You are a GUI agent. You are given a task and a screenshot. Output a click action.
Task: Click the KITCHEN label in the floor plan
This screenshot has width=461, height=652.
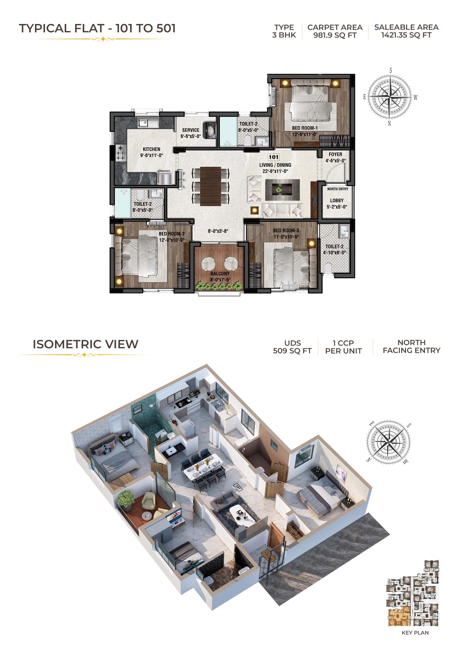(x=151, y=149)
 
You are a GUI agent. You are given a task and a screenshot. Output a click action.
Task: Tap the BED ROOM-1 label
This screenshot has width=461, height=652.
(x=305, y=128)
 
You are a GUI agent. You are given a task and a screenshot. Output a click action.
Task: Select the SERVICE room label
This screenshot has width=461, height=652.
(x=191, y=130)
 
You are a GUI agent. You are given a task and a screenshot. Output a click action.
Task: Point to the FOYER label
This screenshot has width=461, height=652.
(x=336, y=154)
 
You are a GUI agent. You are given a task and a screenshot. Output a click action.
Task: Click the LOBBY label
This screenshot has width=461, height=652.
(x=337, y=201)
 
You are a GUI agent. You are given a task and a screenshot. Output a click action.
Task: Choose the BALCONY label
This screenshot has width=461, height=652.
(x=220, y=273)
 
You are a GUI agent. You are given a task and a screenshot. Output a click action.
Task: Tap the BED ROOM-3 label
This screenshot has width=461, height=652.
(x=286, y=231)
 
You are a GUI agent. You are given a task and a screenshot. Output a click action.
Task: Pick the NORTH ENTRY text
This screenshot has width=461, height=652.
(x=338, y=189)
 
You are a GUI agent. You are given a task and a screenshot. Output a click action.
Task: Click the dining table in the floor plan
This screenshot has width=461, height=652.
(x=210, y=186)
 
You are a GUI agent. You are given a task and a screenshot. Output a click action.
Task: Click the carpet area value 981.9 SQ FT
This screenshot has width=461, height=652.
(x=335, y=35)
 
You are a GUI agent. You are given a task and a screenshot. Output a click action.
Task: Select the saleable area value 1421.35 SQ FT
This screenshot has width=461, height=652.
(x=407, y=35)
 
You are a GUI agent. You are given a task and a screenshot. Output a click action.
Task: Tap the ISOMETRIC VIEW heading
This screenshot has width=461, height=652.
(x=86, y=344)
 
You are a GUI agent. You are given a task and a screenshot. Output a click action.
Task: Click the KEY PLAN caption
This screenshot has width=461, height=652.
(x=415, y=633)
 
